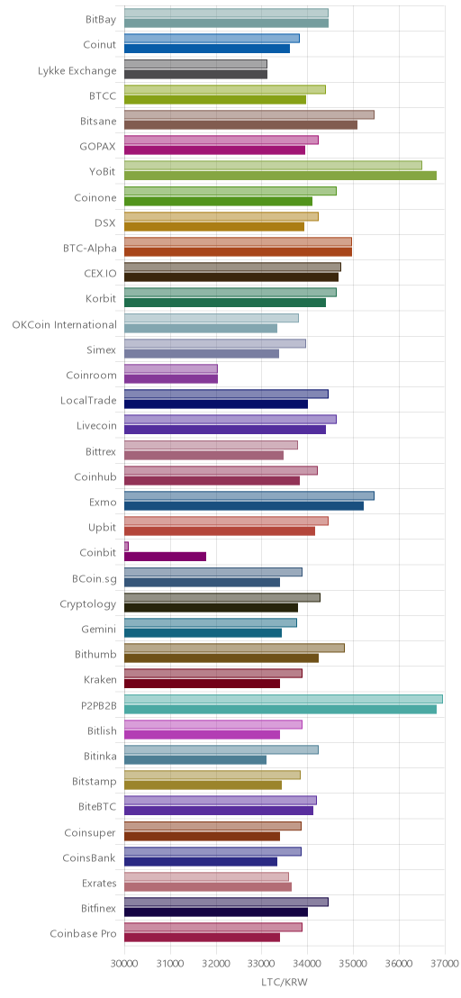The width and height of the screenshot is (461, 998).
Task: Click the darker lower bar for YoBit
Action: pos(280,176)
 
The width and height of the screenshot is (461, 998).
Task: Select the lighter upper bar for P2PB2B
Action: pos(284,699)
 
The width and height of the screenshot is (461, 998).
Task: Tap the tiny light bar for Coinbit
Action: pos(127,546)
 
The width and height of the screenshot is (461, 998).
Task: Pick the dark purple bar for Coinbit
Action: pos(166,557)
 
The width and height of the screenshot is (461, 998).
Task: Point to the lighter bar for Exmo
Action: pos(249,495)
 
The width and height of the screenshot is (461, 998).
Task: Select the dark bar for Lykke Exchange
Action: pos(196,74)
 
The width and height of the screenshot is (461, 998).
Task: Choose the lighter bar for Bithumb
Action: pos(235,648)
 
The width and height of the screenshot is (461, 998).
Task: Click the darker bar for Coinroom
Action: pos(171,378)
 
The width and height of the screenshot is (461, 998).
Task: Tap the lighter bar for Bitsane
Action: pos(249,114)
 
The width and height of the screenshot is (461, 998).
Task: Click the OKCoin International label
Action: pos(64,324)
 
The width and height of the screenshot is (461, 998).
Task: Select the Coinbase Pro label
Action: pos(84,934)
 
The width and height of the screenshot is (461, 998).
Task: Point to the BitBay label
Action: pos(101,20)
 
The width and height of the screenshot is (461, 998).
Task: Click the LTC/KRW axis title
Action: pos(285,982)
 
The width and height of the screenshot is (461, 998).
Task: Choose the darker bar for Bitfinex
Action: pos(216,912)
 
